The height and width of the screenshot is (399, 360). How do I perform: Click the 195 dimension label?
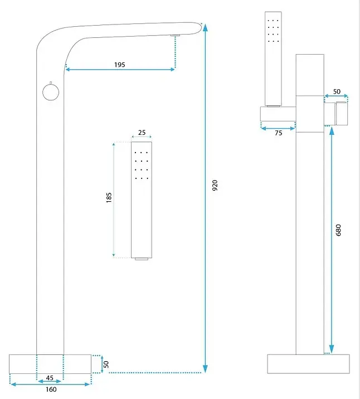[x=120, y=65]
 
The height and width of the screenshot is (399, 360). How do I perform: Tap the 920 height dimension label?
[x=215, y=185]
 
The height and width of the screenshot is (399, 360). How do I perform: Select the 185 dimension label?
[x=109, y=197]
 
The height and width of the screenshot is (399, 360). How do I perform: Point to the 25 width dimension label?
[x=142, y=132]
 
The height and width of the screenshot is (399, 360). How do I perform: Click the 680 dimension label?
[x=338, y=230]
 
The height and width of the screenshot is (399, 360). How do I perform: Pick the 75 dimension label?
[x=279, y=133]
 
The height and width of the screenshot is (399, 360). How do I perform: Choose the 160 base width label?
[x=51, y=390]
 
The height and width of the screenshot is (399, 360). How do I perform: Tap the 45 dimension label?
[x=50, y=378]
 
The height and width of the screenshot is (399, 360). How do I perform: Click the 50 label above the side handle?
[x=337, y=91]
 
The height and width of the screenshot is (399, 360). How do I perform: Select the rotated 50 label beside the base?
[x=106, y=364]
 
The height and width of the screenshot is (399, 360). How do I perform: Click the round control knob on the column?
[x=51, y=92]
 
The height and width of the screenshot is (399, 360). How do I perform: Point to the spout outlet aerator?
[x=176, y=35]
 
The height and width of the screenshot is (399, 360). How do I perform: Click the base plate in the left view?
[x=50, y=364]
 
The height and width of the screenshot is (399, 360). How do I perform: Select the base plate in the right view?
[x=308, y=364]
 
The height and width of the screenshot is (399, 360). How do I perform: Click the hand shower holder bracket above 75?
[x=278, y=114]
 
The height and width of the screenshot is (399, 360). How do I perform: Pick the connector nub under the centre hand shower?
[x=142, y=259]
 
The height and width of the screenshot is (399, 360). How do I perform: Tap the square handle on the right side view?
[x=342, y=113]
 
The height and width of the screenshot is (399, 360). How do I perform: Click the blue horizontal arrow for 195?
[x=120, y=69]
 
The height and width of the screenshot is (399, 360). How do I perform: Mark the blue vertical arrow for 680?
[x=331, y=240]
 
